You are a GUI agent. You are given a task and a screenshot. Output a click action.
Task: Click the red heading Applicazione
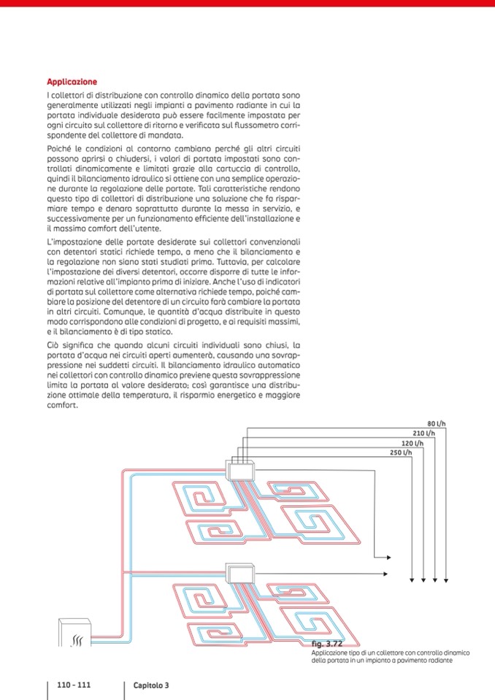click(x=72, y=82)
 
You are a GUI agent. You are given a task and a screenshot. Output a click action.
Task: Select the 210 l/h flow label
click(x=425, y=433)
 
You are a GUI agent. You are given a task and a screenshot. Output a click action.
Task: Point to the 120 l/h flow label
click(x=414, y=443)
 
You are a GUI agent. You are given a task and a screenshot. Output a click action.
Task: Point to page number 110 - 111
click(x=74, y=685)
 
